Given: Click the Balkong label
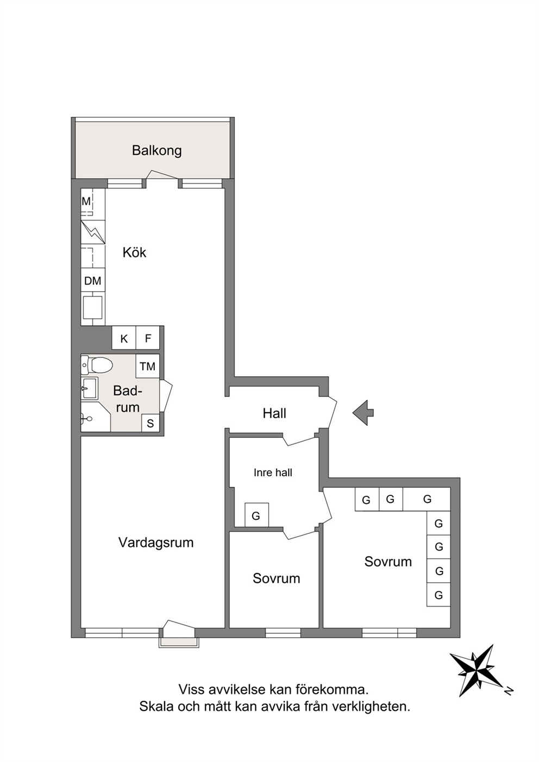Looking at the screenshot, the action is click(156, 150).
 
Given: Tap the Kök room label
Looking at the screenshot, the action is click(134, 253).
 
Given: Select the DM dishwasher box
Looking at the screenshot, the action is click(93, 280).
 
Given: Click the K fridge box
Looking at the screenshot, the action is click(124, 338).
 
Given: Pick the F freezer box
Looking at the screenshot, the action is click(148, 338).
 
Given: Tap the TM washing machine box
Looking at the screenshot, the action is click(147, 367).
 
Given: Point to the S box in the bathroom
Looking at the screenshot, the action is click(151, 423).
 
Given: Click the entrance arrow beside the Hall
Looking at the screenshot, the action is click(363, 413).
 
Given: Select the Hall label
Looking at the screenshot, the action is click(274, 413).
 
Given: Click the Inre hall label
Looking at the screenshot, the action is click(273, 473).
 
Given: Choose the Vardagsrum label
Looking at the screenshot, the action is click(156, 542).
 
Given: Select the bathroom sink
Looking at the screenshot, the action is click(90, 388).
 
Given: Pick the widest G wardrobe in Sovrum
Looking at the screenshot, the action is click(427, 499).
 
